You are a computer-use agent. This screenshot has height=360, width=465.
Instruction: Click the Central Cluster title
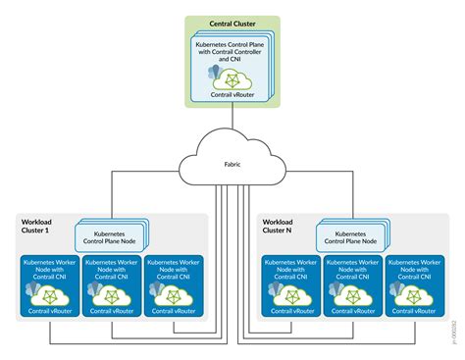232,23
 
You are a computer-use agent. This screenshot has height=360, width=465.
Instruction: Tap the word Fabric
232,162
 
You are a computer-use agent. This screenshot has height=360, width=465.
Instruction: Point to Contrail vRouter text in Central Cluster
233,94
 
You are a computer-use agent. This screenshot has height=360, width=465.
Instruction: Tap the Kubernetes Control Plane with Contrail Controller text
233,48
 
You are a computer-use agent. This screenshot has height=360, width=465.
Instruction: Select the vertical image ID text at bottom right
454,333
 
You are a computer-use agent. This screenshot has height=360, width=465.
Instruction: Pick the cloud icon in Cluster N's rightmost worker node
416,293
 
